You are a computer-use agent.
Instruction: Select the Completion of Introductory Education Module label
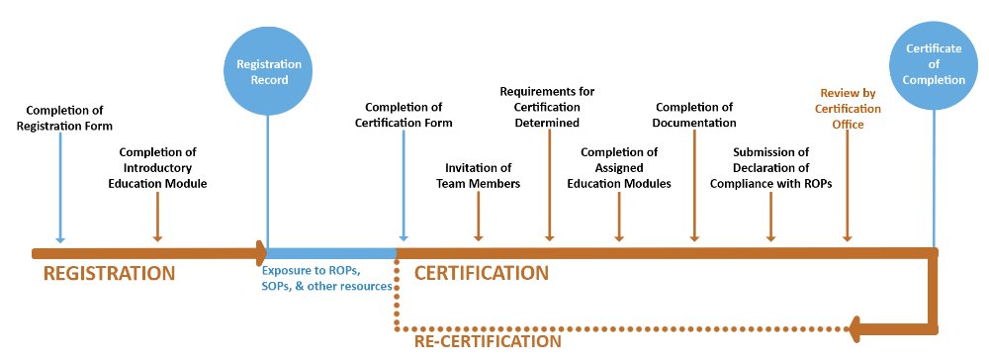pos(157,167)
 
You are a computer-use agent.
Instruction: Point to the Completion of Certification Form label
pos(404,115)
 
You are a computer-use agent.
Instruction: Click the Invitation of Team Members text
pos(479,175)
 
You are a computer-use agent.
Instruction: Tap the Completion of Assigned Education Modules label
pos(619,167)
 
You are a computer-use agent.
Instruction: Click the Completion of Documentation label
pos(694,115)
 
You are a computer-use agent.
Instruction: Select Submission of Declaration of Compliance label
pos(770,167)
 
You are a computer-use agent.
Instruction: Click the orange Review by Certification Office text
pos(848,109)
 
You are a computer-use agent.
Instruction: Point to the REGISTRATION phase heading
pos(109,273)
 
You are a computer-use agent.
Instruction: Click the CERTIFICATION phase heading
pos(481,272)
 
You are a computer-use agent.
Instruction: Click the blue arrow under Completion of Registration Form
pos(60,188)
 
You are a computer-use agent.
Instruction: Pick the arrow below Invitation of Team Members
pos(479,216)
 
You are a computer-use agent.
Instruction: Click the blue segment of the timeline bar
pos(331,253)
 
